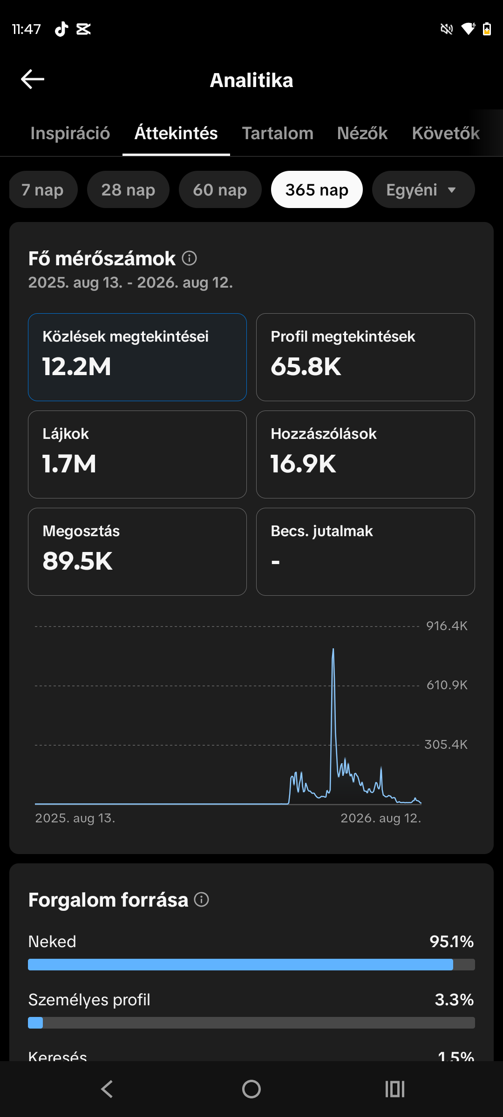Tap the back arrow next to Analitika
tap(33, 79)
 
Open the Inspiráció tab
tap(70, 134)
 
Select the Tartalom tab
tap(278, 134)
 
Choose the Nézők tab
tap(362, 134)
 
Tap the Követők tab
tap(446, 134)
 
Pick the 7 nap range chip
tap(43, 189)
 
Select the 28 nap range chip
tap(128, 189)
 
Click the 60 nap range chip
tap(220, 189)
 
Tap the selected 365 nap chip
tap(317, 189)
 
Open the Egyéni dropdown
tap(423, 189)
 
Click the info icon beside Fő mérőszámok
tap(189, 258)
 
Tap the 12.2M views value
tap(77, 367)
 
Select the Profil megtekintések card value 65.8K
tap(306, 367)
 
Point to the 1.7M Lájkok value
tap(69, 464)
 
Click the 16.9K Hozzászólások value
tap(303, 464)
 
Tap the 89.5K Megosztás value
tap(77, 561)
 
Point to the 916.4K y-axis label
tap(447, 626)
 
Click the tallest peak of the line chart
tap(333, 649)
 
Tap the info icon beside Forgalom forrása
tap(201, 900)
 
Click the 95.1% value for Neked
tap(451, 942)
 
